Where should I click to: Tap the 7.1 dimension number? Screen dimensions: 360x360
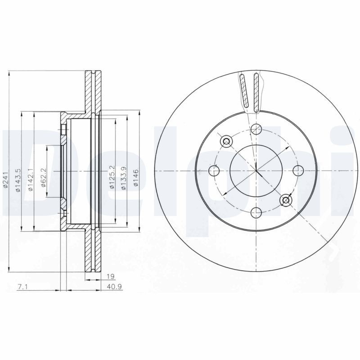pyautogui.click(x=21, y=287)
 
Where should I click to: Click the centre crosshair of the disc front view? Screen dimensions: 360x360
pyautogui.click(x=256, y=171)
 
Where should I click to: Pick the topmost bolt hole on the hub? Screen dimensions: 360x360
pyautogui.click(x=256, y=129)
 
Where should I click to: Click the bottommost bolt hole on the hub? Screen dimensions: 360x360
pyautogui.click(x=256, y=212)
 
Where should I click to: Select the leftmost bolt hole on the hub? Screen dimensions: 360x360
pyautogui.click(x=215, y=171)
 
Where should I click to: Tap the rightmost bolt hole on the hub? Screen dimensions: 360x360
pyautogui.click(x=297, y=171)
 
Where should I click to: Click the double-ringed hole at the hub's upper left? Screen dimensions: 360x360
pyautogui.click(x=226, y=141)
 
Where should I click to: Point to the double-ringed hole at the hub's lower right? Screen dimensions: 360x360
pyautogui.click(x=285, y=200)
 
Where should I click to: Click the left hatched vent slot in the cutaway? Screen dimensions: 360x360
pyautogui.click(x=243, y=92)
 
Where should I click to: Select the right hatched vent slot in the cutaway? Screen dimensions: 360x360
pyautogui.click(x=256, y=92)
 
